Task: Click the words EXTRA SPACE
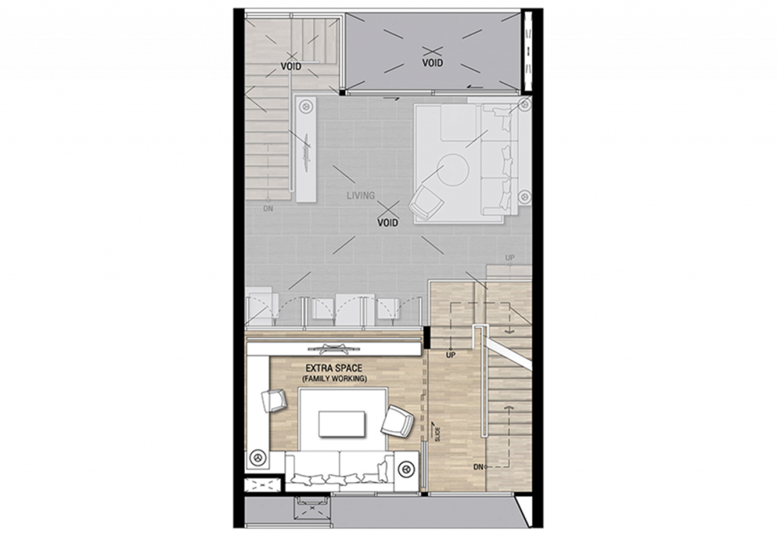[x=334, y=367]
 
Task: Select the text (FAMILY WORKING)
[x=334, y=378]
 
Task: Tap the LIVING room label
[x=360, y=195]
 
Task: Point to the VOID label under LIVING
[x=387, y=223]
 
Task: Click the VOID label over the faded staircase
[x=291, y=66]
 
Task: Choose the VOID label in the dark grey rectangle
[x=433, y=63]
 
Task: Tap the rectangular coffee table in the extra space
[x=342, y=424]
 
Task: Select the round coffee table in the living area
[x=453, y=170]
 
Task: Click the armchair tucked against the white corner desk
[x=273, y=400]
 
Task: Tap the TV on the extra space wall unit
[x=334, y=349]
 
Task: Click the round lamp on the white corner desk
[x=258, y=458]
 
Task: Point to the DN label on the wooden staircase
[x=478, y=466]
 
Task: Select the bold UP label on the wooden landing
[x=451, y=355]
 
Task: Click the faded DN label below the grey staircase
[x=268, y=207]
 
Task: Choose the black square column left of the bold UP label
[x=426, y=337]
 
